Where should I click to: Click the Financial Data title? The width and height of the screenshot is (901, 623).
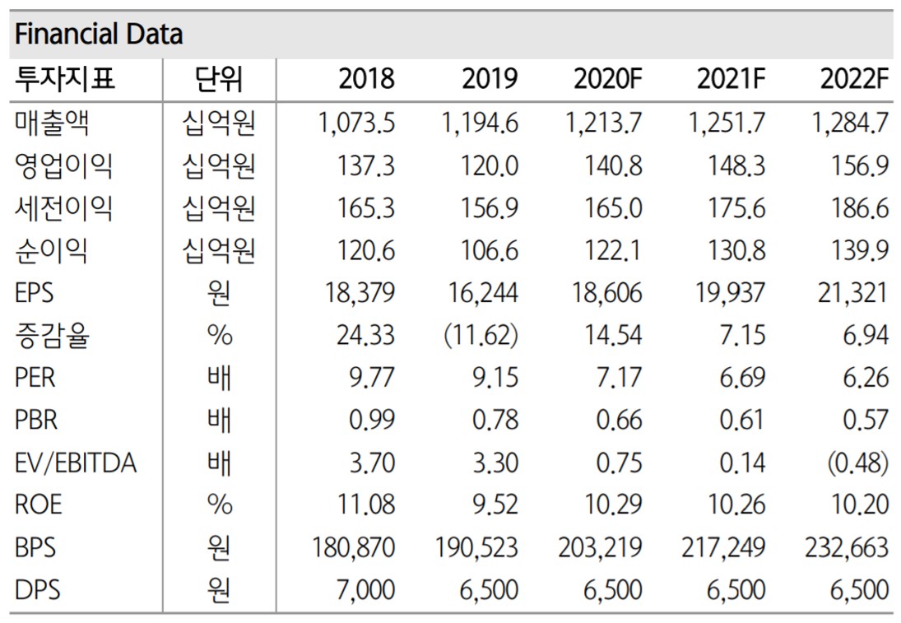point(99,35)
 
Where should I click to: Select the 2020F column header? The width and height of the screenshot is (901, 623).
point(607,79)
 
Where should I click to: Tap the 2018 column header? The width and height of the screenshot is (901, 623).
point(366,79)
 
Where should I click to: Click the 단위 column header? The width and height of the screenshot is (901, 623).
point(219,79)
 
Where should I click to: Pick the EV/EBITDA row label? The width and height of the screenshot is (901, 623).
point(76,463)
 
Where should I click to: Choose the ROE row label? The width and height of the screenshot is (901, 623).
point(38,504)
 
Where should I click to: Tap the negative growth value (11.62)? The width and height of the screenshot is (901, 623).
point(482,335)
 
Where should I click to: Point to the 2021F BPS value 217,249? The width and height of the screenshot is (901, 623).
point(723,547)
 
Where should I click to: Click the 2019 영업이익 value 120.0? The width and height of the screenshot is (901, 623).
point(490,166)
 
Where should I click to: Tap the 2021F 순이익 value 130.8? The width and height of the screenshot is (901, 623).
point(737,250)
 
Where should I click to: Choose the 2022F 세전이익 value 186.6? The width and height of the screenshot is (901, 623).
point(861,208)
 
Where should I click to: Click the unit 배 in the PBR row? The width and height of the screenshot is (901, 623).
point(219,420)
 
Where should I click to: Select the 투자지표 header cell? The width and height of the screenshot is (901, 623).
point(65,79)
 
